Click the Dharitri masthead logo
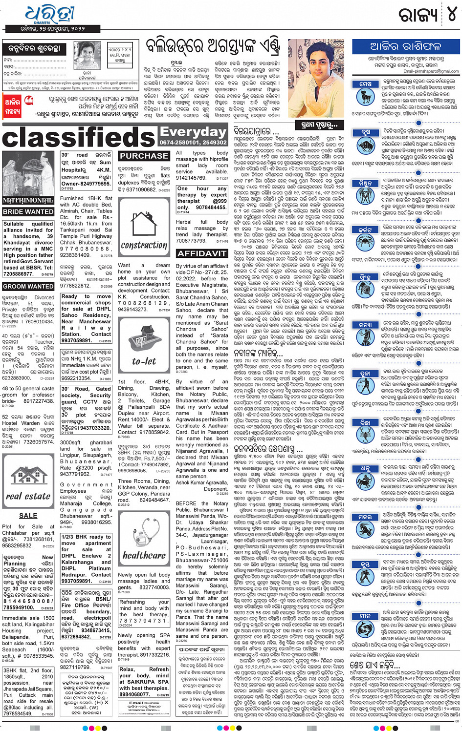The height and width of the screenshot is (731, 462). point(49,16)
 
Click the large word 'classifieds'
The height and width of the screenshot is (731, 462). point(79,137)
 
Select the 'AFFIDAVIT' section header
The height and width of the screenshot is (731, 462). point(201,253)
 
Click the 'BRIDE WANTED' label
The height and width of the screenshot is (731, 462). point(28,212)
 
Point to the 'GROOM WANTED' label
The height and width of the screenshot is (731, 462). point(28,286)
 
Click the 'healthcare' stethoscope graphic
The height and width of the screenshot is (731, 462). point(144,539)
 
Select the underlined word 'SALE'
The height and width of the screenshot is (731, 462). point(28,516)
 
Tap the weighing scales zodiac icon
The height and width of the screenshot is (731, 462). point(365,389)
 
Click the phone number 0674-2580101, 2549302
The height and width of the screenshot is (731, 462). point(194,143)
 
